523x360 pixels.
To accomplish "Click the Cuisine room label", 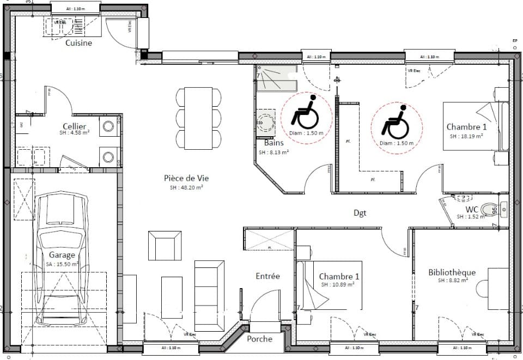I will coord(78,42).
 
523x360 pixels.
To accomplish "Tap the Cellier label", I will coord(74,126).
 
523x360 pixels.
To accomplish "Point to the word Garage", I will coord(62,254).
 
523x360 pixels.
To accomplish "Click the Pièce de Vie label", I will coord(186,178).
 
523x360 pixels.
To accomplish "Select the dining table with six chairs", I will coord(199,118).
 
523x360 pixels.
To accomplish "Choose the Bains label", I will coord(267,143).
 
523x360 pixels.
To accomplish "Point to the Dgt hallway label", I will coord(360,213).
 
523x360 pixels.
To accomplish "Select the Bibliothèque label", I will coord(452,272).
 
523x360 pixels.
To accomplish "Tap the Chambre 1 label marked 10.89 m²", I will coord(339,276).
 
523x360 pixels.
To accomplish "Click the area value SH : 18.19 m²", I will coord(466,136).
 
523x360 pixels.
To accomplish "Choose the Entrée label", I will coord(267,276).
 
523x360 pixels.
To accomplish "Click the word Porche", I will coord(259,339).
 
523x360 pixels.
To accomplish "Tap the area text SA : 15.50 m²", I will coord(63,264).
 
